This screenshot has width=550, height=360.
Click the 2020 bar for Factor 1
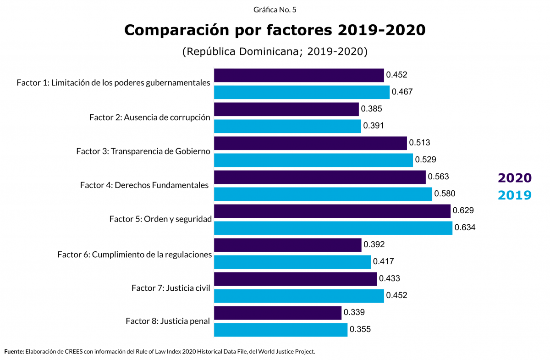click(299, 75)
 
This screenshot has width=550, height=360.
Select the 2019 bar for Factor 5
click(333, 228)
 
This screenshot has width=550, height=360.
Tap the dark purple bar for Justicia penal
click(278, 313)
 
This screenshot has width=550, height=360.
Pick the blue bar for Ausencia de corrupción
click(287, 126)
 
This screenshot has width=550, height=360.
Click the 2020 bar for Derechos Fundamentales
click(320, 177)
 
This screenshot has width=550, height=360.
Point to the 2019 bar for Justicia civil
click(299, 296)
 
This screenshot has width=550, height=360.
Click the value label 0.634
click(465, 227)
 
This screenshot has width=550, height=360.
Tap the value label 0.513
click(420, 143)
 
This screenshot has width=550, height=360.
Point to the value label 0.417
click(384, 262)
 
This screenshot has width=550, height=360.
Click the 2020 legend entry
click(515, 178)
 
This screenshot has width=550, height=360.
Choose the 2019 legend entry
click(515, 195)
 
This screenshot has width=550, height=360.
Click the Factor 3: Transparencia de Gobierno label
click(143, 151)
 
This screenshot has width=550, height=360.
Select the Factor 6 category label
click(134, 254)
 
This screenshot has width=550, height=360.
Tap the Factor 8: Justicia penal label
click(168, 321)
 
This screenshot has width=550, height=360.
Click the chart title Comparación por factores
click(275, 30)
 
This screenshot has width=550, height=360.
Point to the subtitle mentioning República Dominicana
click(275, 51)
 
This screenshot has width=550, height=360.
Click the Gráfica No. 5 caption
click(275, 9)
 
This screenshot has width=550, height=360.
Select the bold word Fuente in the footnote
click(14, 352)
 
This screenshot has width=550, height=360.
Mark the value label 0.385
click(371, 109)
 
